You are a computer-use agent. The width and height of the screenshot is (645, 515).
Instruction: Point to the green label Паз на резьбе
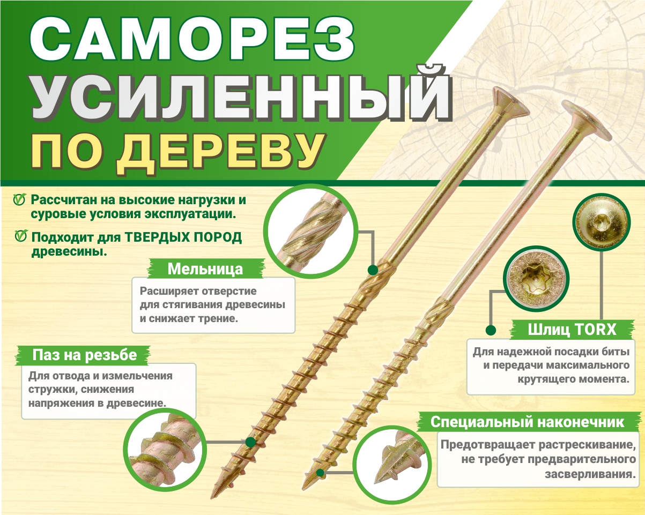85,355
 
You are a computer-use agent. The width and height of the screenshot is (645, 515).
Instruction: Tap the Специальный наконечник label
528,422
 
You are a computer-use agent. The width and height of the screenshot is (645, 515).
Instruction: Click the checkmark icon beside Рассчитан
19,200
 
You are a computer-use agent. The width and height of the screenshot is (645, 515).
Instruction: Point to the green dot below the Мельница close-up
371,267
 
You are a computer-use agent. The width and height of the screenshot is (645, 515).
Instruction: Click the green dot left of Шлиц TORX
490,330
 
